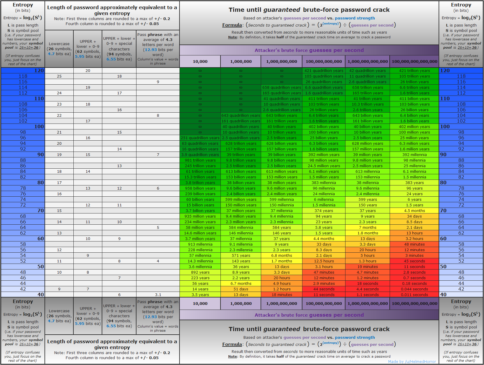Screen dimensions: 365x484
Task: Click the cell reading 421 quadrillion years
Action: (x=324, y=70)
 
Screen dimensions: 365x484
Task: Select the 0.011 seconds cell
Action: (x=414, y=295)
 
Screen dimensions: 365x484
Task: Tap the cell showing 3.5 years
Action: (x=200, y=295)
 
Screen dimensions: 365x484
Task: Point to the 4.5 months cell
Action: (x=414, y=211)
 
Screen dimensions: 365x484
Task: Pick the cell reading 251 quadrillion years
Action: (x=200, y=138)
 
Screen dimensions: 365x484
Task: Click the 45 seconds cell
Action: (x=414, y=261)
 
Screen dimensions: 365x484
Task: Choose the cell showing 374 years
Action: (x=324, y=211)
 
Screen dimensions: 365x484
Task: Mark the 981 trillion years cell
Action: (x=200, y=160)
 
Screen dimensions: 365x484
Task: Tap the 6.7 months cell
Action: (x=241, y=283)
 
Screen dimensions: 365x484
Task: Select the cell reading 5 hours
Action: (x=368, y=255)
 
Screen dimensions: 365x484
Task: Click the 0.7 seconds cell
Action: (x=414, y=278)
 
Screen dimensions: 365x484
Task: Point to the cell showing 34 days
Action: (x=414, y=216)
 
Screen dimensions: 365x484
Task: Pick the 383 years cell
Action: (x=414, y=182)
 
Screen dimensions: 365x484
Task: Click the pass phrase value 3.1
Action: (x=158, y=295)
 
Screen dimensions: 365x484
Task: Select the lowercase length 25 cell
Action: (x=59, y=76)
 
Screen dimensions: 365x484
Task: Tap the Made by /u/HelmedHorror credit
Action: (x=412, y=361)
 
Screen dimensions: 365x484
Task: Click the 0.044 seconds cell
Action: (x=414, y=289)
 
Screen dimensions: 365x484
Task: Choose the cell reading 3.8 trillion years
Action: (x=200, y=182)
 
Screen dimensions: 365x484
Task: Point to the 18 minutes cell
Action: (x=281, y=295)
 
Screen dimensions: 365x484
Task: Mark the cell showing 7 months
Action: (x=368, y=227)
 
